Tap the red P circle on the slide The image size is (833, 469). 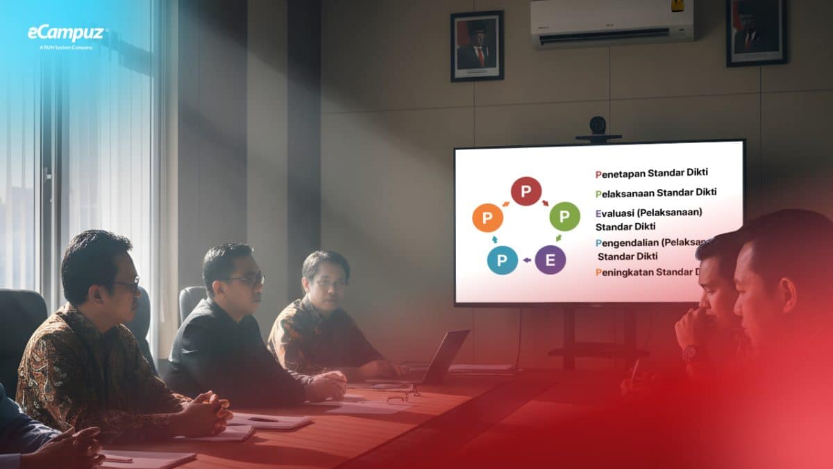tap(526, 191)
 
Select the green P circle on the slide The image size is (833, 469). tap(564, 217)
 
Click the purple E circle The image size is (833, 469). tap(550, 260)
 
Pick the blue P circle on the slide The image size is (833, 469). tap(502, 260)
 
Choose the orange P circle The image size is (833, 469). tap(487, 217)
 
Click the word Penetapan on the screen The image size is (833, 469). tap(620, 173)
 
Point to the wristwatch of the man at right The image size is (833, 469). tap(689, 353)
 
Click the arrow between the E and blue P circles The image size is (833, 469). tap(526, 261)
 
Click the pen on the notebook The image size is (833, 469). tap(263, 419)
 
